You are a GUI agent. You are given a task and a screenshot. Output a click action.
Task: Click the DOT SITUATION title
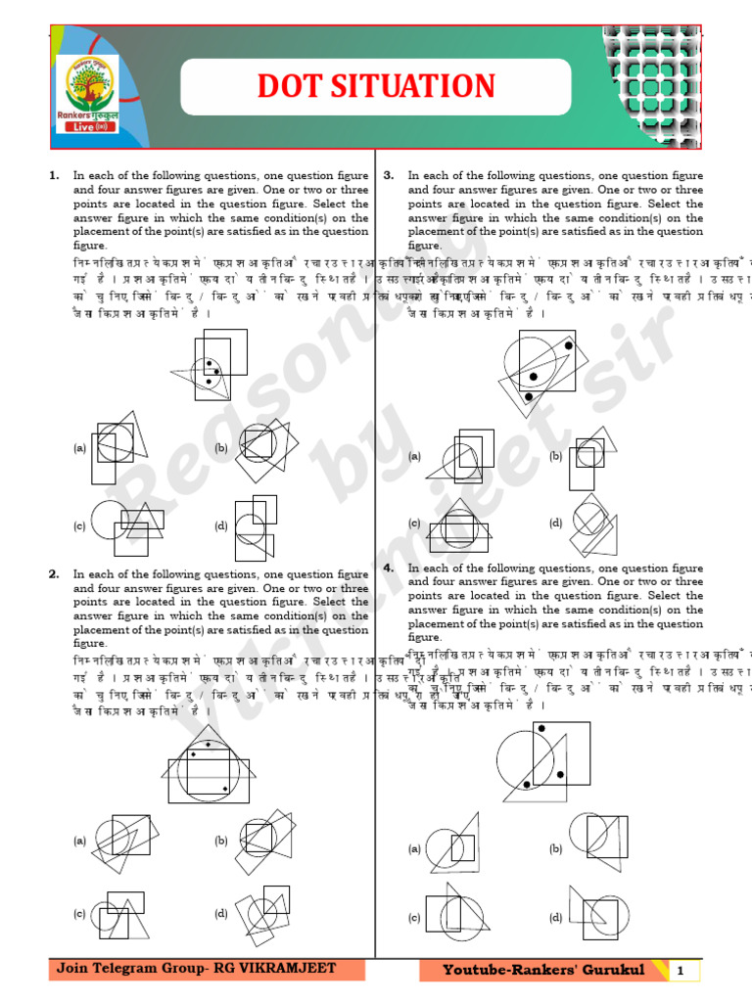point(376,86)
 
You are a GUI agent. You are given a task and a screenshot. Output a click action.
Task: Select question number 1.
point(55,176)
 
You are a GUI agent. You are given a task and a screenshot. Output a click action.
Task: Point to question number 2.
point(55,574)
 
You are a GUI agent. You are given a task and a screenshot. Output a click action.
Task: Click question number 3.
point(389,176)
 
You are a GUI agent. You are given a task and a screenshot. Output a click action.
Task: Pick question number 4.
point(389,568)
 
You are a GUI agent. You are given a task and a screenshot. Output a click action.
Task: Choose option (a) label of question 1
point(80,448)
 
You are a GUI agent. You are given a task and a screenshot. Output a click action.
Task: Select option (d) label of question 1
point(221,525)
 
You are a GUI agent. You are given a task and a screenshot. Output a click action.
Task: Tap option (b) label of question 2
point(221,840)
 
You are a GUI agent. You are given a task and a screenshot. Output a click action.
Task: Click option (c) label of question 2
point(80,914)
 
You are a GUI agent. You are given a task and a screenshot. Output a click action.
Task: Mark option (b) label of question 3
point(555,456)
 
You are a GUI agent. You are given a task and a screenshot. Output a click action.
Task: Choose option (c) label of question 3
point(415,524)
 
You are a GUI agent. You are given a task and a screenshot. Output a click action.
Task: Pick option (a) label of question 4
point(415,848)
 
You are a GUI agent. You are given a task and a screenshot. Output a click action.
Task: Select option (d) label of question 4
point(555,917)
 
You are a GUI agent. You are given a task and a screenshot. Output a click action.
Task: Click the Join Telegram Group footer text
point(196,969)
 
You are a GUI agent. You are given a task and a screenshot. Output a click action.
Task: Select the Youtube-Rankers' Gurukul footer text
point(543,970)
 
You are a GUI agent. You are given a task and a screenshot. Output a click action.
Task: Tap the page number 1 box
point(679,971)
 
